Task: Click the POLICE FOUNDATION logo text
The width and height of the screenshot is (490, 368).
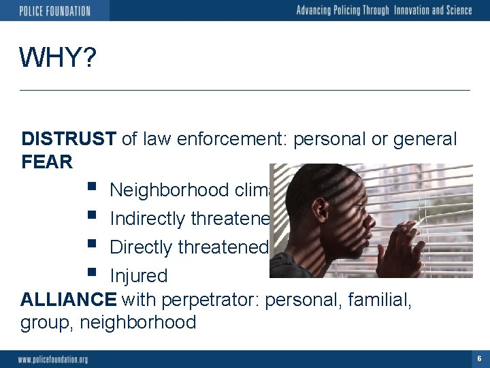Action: (x=54, y=11)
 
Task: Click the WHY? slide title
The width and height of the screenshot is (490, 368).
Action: (x=58, y=58)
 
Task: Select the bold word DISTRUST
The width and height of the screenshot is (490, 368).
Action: (x=69, y=139)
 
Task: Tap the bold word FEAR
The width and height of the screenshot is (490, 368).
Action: (x=46, y=162)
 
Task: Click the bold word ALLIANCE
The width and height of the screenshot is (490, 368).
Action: (x=69, y=298)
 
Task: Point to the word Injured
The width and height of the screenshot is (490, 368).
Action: (x=138, y=276)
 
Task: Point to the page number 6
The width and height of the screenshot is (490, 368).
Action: (x=479, y=358)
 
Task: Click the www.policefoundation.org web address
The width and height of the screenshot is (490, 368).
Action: (x=53, y=359)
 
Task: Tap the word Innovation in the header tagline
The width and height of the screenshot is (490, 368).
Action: (x=402, y=10)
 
